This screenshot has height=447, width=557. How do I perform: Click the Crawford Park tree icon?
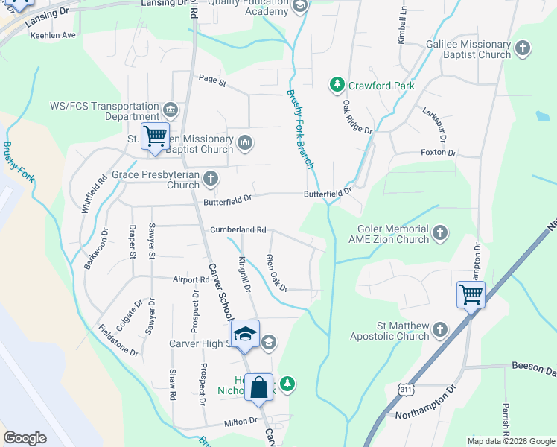pos(337,86)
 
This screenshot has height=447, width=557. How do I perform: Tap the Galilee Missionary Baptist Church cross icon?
pos(522,49)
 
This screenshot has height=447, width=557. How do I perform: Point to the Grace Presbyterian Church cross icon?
pos(211,179)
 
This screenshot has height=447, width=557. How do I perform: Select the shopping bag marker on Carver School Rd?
pos(258,388)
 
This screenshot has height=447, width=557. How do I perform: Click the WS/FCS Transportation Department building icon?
pos(171,111)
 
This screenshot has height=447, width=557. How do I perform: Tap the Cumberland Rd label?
pos(238,230)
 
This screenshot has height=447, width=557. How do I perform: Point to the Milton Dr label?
pos(241,422)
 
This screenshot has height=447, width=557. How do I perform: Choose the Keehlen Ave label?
pos(53,35)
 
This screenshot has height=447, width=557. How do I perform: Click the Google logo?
pos(25,437)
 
